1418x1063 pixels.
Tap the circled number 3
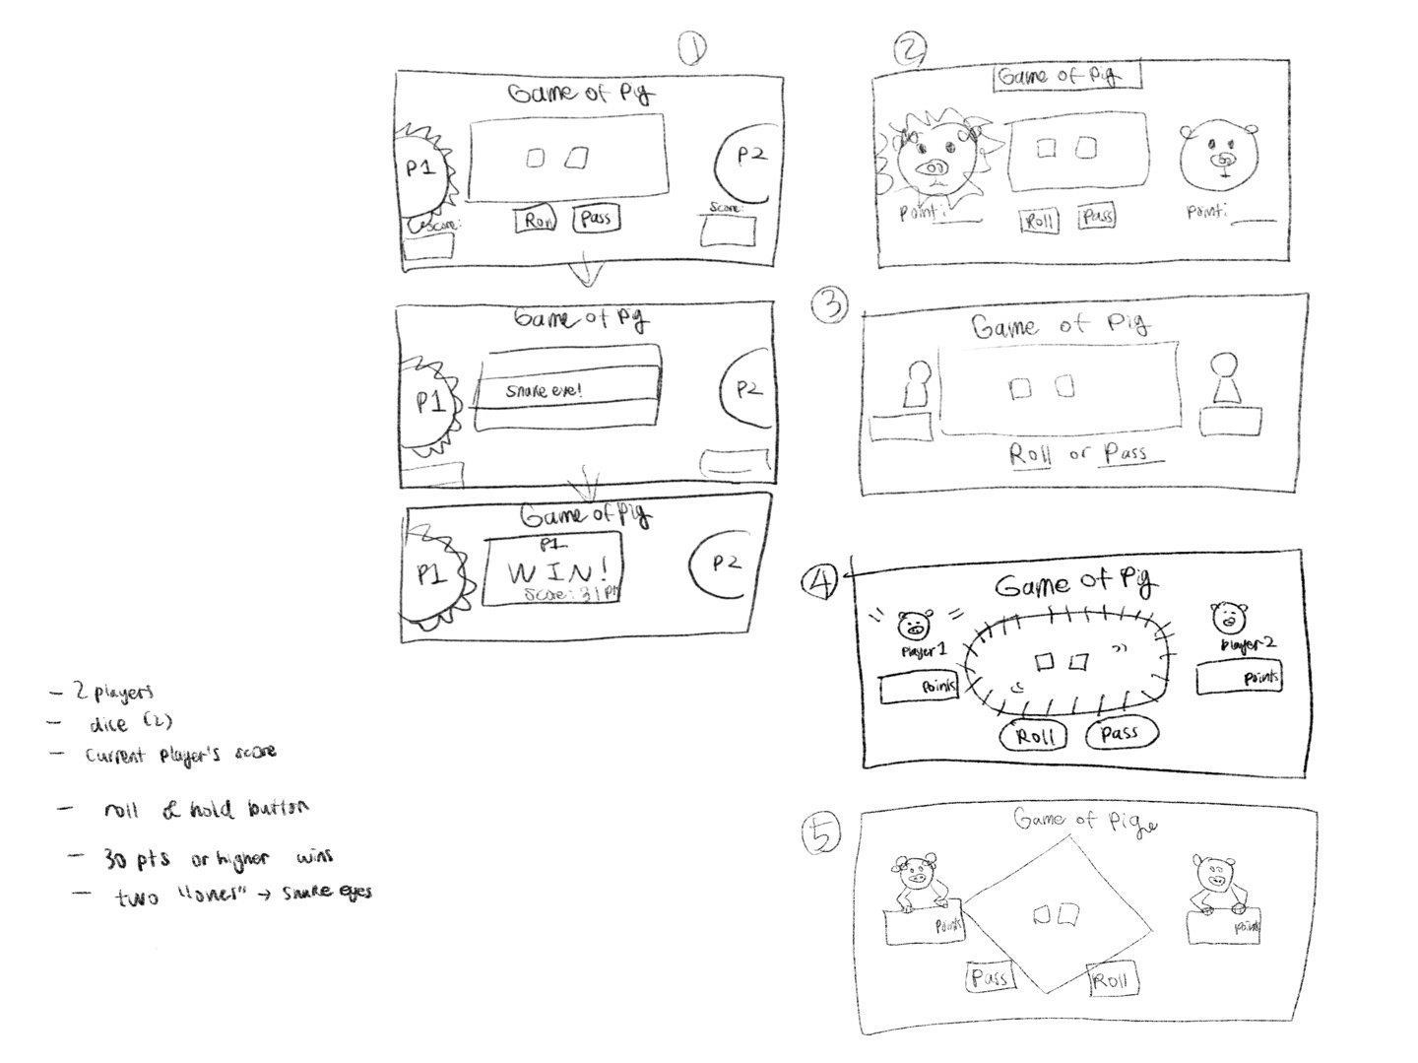[x=829, y=306]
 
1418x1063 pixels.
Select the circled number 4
[x=819, y=581]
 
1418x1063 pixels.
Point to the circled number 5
[x=820, y=835]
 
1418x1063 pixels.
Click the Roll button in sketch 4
[x=1034, y=736]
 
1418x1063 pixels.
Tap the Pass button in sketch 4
[x=1121, y=733]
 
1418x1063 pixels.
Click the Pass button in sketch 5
[x=989, y=976]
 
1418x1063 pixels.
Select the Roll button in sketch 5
[x=1110, y=979]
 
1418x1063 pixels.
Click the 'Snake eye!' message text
[x=544, y=391]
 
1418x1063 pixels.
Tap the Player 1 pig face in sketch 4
[x=915, y=626]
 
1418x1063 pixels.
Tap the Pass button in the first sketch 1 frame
[x=596, y=218]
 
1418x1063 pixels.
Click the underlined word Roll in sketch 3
[x=1030, y=454]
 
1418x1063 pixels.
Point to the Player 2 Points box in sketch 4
[x=1239, y=679]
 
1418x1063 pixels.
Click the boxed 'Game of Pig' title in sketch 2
[x=1067, y=76]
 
